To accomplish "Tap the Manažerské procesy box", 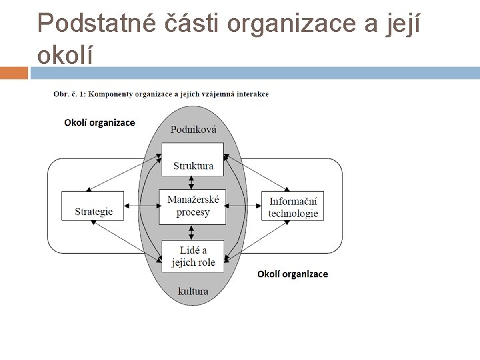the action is point(193,206).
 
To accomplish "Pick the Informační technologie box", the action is point(293,207).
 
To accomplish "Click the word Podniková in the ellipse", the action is point(193,130).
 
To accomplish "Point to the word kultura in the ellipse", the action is point(193,291).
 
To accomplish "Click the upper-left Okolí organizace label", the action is point(99,122).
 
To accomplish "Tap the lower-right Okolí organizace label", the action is point(293,274).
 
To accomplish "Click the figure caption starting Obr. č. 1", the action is point(161,94).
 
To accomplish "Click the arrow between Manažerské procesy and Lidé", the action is point(193,232).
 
